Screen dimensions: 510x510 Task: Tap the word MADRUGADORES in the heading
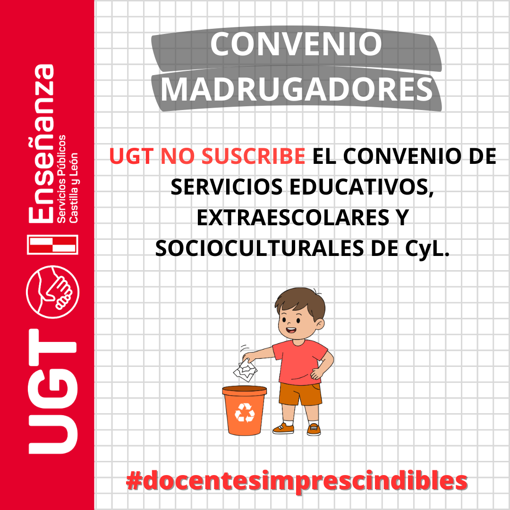pyautogui.click(x=297, y=89)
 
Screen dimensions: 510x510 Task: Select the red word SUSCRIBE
pyautogui.click(x=254, y=156)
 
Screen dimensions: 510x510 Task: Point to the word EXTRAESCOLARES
pyautogui.click(x=293, y=217)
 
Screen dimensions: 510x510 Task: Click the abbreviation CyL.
pyautogui.click(x=427, y=249)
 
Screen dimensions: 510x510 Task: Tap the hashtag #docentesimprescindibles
pyautogui.click(x=296, y=481)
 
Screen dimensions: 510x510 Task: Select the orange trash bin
pyautogui.click(x=245, y=410)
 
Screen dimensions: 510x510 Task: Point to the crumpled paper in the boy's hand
pyautogui.click(x=246, y=371)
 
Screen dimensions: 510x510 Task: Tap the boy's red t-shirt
pyautogui.click(x=299, y=361)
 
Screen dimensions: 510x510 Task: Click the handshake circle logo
pyautogui.click(x=53, y=292)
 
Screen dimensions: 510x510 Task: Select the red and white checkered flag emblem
pyautogui.click(x=53, y=245)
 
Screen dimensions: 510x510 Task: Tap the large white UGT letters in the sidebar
pyautogui.click(x=53, y=391)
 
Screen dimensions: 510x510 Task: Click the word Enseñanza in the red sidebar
pyautogui.click(x=41, y=144)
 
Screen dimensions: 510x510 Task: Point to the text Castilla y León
pyautogui.click(x=74, y=187)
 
